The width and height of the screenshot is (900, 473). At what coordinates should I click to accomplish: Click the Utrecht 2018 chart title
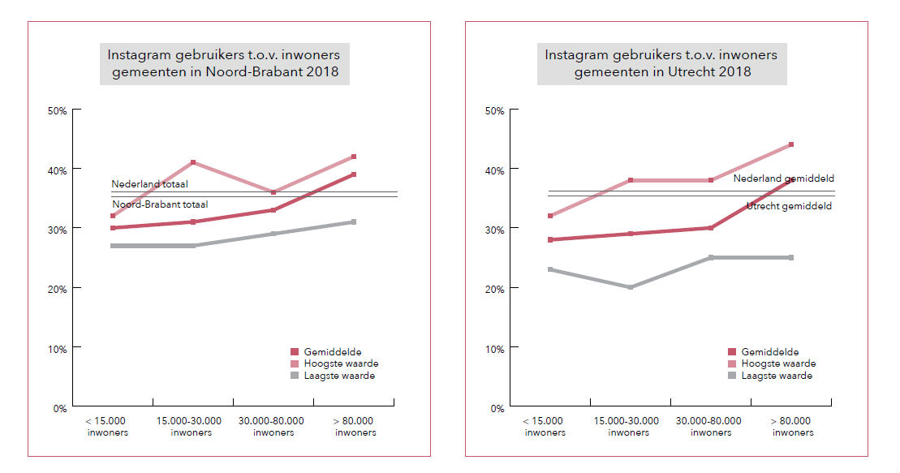[661, 63]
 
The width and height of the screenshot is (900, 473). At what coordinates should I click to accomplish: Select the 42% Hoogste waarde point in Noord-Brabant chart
[354, 157]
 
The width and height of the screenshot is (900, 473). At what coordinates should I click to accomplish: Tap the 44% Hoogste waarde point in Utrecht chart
[791, 144]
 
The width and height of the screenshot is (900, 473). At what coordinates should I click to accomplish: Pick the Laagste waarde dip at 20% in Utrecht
[631, 287]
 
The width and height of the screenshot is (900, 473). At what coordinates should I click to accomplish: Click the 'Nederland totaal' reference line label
[149, 184]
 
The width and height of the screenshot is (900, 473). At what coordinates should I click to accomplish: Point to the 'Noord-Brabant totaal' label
[159, 204]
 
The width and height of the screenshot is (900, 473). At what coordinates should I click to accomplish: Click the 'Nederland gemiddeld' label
[783, 178]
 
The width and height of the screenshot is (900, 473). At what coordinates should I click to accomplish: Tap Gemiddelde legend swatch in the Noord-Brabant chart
[295, 351]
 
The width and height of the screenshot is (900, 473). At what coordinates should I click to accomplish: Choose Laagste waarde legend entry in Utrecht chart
[770, 376]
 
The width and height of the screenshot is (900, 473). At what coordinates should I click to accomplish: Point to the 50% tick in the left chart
[58, 110]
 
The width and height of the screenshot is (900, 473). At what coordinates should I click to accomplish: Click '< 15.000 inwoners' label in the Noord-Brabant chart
[107, 427]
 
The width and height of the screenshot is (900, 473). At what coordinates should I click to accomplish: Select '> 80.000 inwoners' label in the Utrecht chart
[793, 427]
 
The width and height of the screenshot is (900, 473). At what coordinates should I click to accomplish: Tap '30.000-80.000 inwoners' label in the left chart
[272, 427]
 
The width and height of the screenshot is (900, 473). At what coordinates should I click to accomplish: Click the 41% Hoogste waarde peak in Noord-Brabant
[193, 162]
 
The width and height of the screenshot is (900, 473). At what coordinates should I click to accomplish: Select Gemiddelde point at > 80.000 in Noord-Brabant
[354, 174]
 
